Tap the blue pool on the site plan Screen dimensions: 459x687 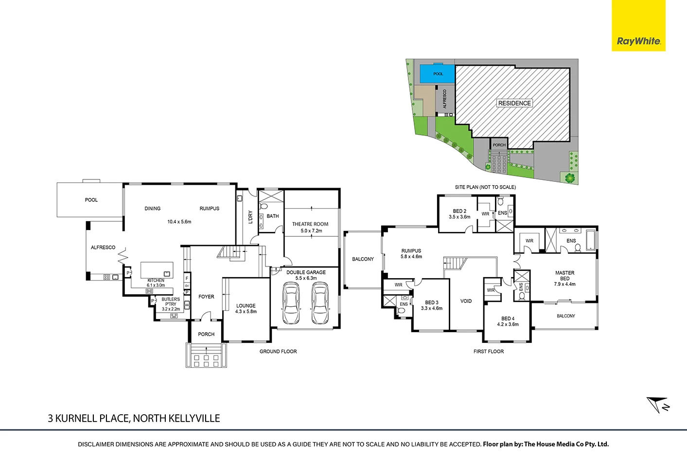(438, 74)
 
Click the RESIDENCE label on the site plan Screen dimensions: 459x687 (514, 103)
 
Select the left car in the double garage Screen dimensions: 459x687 (291, 304)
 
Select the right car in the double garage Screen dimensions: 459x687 (319, 304)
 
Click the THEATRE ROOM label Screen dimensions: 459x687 (310, 224)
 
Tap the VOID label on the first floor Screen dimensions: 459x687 (466, 301)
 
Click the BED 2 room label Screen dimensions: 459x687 (459, 212)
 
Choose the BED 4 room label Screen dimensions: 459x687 (508, 319)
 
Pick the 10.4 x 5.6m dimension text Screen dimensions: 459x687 (179, 222)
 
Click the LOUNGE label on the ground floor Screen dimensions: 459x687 (246, 306)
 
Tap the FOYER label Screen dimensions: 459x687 (206, 297)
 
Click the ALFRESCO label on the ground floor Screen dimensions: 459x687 (103, 247)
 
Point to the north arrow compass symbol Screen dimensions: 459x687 (658, 405)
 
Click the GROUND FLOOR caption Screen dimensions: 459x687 (278, 352)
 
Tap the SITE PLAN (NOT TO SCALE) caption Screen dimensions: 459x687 (485, 187)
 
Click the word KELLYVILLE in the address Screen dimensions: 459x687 (194, 418)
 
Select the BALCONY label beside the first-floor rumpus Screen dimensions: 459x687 (363, 259)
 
